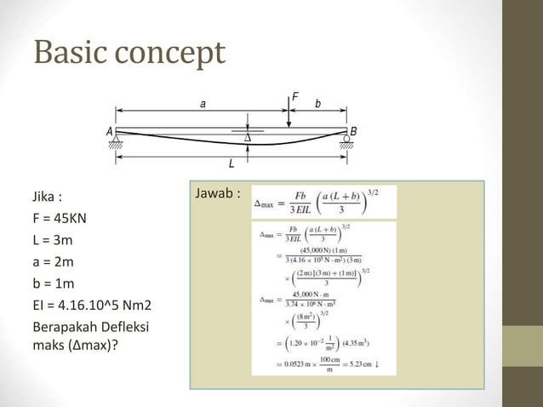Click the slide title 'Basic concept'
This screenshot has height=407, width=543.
pos(129,52)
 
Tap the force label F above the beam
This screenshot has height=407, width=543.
pos(295,97)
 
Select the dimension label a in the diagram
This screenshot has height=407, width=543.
pos(203,102)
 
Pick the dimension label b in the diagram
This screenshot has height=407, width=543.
pos(317,103)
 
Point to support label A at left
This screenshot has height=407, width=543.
pos(110,132)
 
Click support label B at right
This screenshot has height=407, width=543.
pos(353,132)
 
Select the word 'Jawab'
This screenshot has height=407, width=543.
pos(214,194)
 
